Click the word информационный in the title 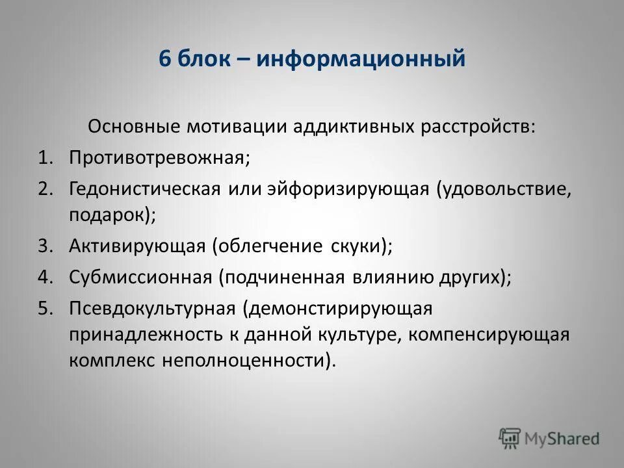click(x=360, y=59)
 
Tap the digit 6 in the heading click(x=164, y=59)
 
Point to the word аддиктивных click(x=326, y=126)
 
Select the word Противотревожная click(x=159, y=158)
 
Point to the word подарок click(x=110, y=214)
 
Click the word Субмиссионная click(x=140, y=278)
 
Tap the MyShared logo click(x=549, y=437)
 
